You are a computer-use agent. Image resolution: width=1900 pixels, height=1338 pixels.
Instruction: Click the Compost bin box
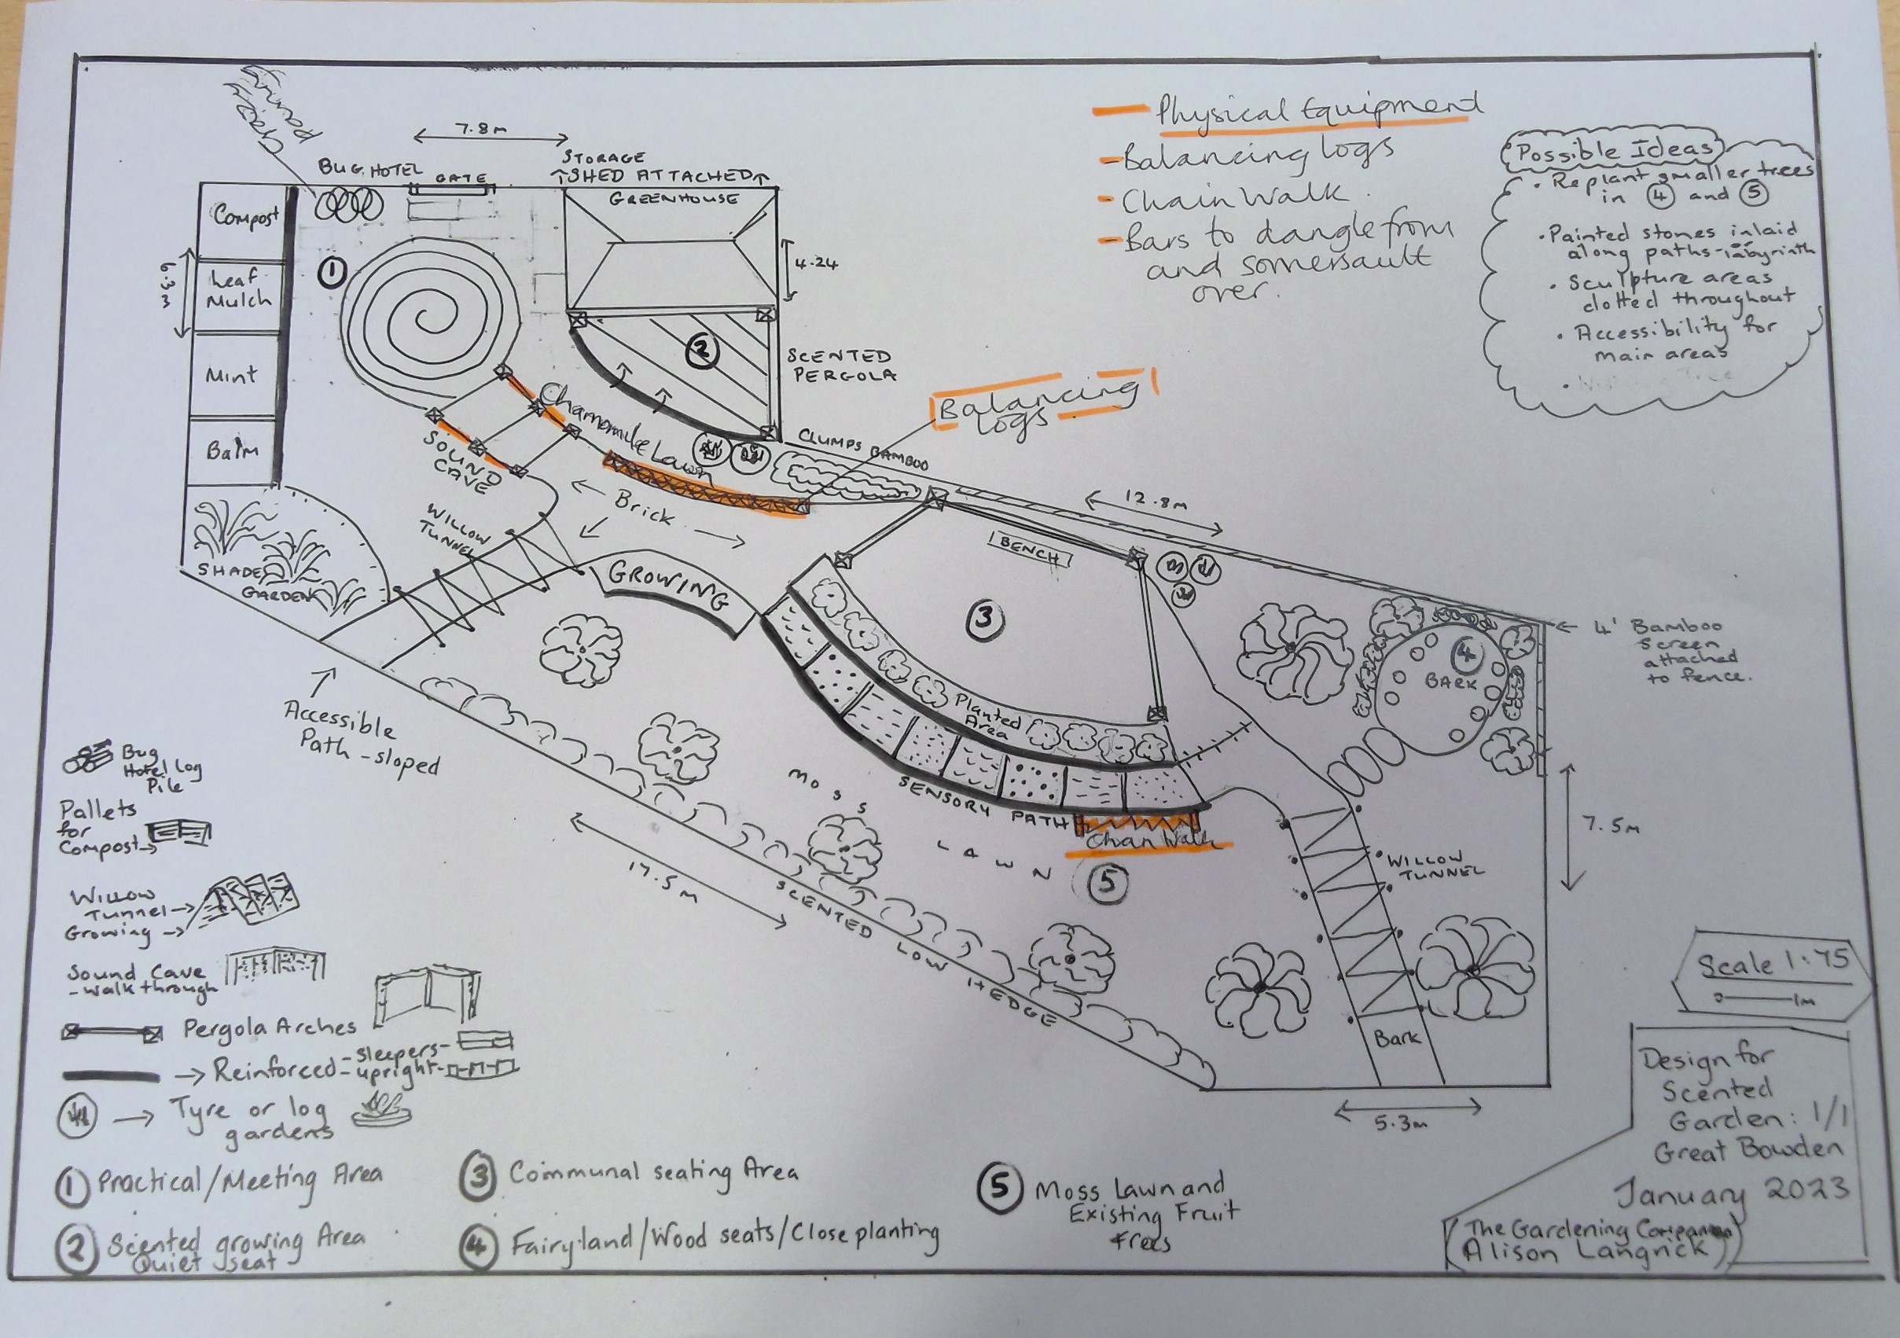pyautogui.click(x=240, y=218)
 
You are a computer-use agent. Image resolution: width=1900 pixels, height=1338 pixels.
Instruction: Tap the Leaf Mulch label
pyautogui.click(x=237, y=289)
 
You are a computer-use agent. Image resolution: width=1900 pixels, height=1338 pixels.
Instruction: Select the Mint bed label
pyautogui.click(x=233, y=375)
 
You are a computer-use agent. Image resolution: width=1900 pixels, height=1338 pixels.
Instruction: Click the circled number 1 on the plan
pyautogui.click(x=332, y=271)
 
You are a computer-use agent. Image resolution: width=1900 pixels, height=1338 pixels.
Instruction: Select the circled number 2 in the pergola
pyautogui.click(x=701, y=351)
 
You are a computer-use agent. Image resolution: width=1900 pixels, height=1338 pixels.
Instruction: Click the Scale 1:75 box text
pyautogui.click(x=1771, y=965)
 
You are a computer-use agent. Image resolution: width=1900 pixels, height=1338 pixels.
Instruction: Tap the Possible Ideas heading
pyautogui.click(x=1614, y=152)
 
